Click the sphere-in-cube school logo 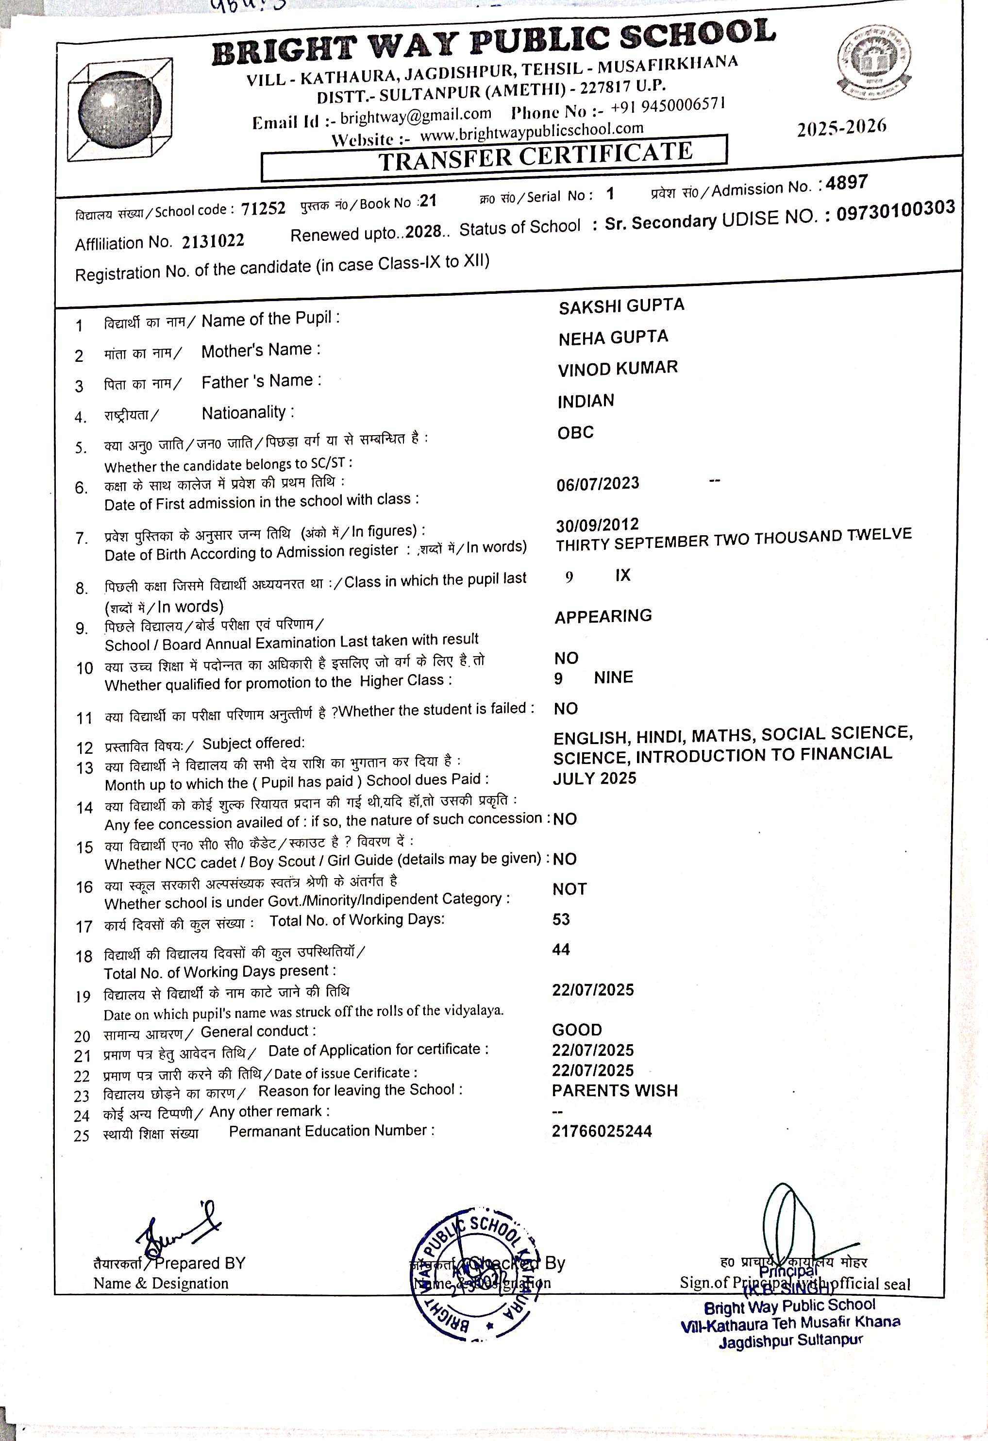[x=119, y=110]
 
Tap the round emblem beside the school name [x=875, y=61]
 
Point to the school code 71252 [x=263, y=208]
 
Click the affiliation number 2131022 [x=213, y=240]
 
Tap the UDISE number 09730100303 [x=895, y=210]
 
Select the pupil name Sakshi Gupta [x=621, y=306]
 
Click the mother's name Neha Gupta [x=613, y=338]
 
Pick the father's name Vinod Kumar [x=618, y=368]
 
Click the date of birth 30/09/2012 [x=597, y=525]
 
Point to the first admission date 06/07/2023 [x=598, y=484]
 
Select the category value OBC [x=575, y=432]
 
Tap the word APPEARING [x=603, y=616]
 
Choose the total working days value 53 [x=561, y=919]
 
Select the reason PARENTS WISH [x=615, y=1091]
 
